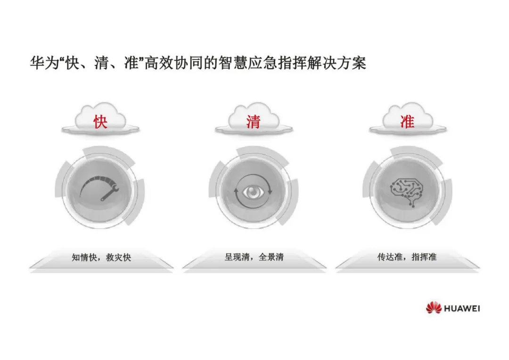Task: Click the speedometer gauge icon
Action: (x=100, y=188)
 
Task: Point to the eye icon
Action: (x=254, y=191)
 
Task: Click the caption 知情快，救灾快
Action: (x=101, y=258)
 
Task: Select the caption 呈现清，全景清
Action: (x=254, y=258)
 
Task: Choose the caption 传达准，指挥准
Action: (x=407, y=258)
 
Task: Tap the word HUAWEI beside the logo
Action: (x=462, y=308)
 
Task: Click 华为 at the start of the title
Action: (x=41, y=63)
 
